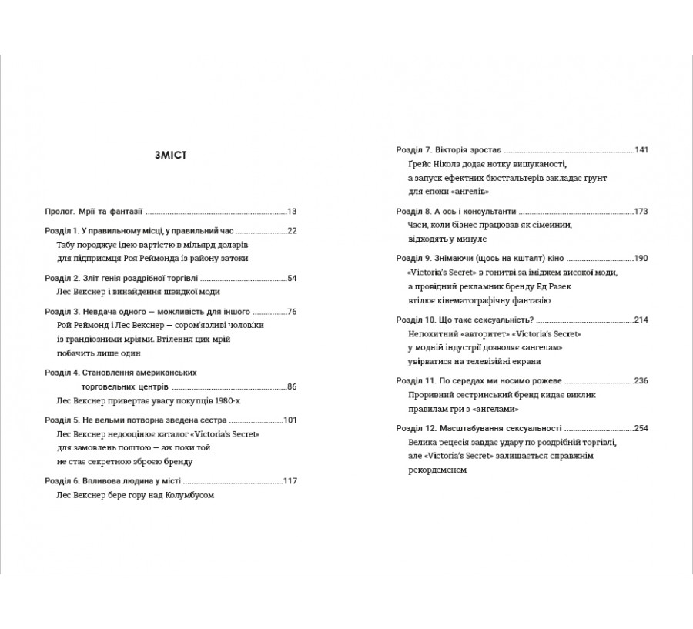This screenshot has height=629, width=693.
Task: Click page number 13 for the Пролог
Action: coord(292,210)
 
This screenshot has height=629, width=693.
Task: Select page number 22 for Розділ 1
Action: coord(292,230)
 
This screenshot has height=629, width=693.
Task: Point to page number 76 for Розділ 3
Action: coord(292,312)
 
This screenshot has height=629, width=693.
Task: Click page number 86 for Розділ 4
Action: coord(292,386)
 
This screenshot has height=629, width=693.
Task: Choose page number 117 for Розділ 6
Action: coord(290,481)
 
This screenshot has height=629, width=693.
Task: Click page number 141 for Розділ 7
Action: coord(642,149)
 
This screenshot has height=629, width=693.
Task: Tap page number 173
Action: coord(642,211)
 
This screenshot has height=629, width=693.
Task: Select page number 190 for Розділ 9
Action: coord(642,258)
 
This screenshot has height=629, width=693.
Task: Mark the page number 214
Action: coord(642,320)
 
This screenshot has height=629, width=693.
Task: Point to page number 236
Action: coord(642,380)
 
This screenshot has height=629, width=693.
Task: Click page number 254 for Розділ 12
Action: coord(642,427)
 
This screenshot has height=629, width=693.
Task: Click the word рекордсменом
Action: coord(437,470)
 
